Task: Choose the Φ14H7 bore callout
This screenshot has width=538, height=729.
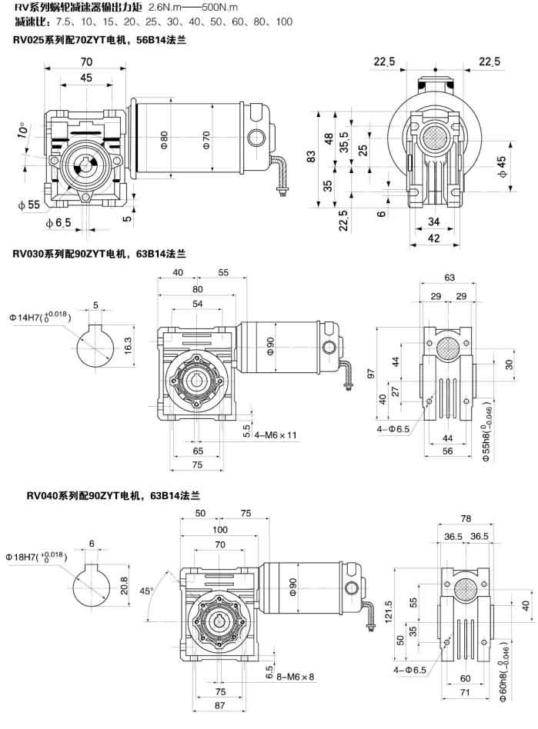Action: (x=38, y=317)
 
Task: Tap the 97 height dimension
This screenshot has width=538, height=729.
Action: (x=371, y=374)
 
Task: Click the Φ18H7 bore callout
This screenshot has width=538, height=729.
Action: (x=38, y=555)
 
